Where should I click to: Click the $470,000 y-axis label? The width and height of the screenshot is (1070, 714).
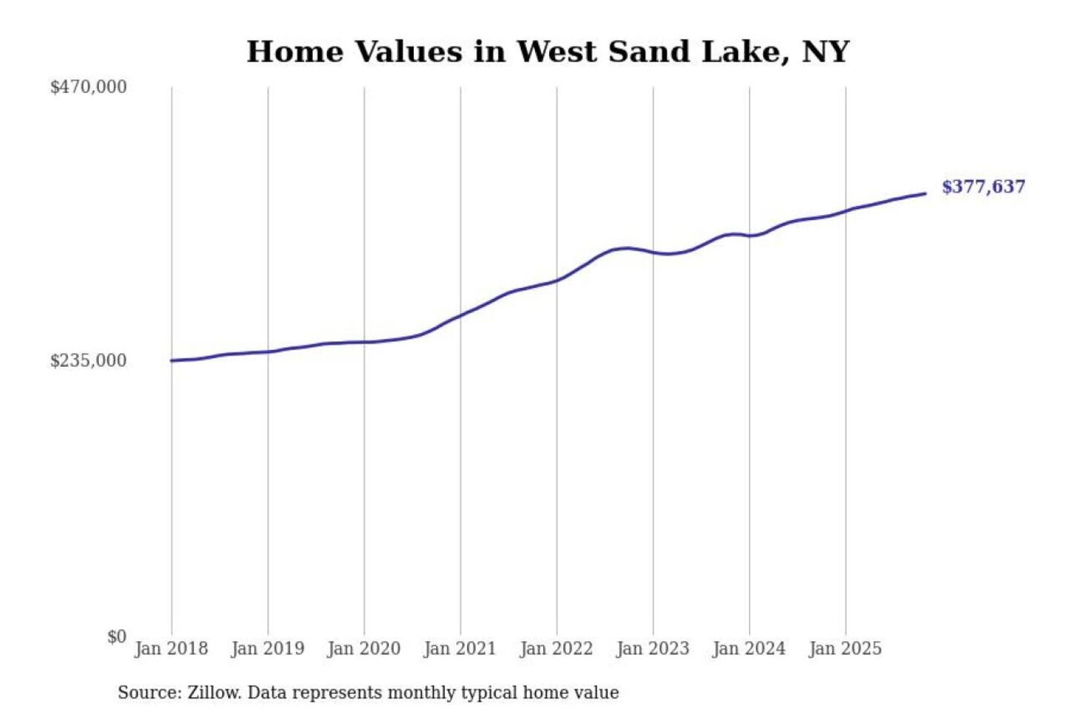(x=88, y=87)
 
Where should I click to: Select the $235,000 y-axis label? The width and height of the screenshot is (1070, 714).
(x=88, y=361)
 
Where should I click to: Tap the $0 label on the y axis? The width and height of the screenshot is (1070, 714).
(x=117, y=637)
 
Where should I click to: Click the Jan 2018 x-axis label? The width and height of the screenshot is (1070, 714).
(x=171, y=649)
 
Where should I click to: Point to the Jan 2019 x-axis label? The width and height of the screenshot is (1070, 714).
(x=267, y=649)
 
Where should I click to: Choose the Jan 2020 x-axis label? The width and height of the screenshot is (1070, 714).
(x=363, y=649)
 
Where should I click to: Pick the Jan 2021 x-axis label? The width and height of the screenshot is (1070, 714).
(x=459, y=649)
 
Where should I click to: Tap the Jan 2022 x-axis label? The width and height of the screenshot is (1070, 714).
(x=556, y=649)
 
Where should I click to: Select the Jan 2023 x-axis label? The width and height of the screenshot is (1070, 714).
(x=652, y=649)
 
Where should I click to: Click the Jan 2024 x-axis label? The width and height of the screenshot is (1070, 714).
(x=748, y=649)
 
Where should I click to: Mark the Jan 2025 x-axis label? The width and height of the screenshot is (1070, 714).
(x=845, y=649)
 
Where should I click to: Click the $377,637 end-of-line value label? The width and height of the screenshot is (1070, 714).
(x=983, y=187)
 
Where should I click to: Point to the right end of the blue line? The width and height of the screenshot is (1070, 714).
(x=925, y=194)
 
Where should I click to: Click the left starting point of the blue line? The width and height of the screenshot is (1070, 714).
(x=172, y=361)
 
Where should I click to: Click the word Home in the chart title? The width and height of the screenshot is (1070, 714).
(x=295, y=52)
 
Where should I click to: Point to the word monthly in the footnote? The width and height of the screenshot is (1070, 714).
(x=421, y=692)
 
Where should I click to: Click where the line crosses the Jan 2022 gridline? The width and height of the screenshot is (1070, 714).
(x=557, y=280)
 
